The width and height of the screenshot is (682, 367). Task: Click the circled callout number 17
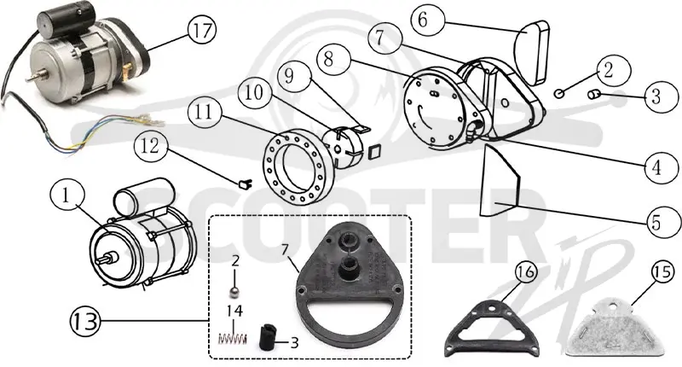pyautogui.click(x=202, y=31)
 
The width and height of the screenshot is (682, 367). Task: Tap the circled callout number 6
pyautogui.click(x=423, y=20)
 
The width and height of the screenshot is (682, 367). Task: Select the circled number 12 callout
pyautogui.click(x=150, y=146)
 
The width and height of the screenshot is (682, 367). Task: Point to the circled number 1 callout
pyautogui.click(x=66, y=196)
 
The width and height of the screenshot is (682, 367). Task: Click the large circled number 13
pyautogui.click(x=86, y=321)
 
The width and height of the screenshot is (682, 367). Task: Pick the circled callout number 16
pyautogui.click(x=526, y=272)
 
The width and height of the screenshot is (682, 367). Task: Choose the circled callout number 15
pyautogui.click(x=662, y=272)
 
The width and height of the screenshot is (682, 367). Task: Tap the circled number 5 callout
pyautogui.click(x=656, y=222)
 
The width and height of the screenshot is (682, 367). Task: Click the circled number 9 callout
pyautogui.click(x=290, y=76)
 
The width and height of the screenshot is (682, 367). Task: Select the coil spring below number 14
pyautogui.click(x=232, y=338)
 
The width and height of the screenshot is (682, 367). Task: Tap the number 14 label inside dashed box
pyautogui.click(x=234, y=311)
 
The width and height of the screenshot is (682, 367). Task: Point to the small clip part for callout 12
pyautogui.click(x=246, y=184)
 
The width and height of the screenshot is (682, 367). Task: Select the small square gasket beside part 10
pyautogui.click(x=374, y=153)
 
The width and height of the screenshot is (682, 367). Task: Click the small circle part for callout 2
pyautogui.click(x=559, y=93)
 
